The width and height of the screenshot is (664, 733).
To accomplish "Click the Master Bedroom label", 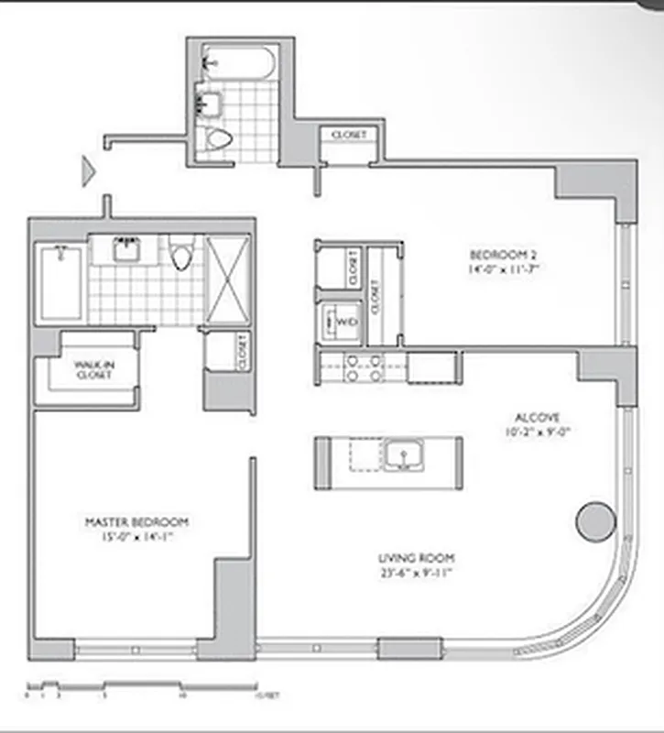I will (x=136, y=521).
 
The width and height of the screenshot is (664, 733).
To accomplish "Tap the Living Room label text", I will (x=417, y=558).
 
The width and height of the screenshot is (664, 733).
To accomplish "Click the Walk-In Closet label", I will (x=93, y=369).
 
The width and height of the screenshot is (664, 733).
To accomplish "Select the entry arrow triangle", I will (x=89, y=170).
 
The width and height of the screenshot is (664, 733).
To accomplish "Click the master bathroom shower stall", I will (x=227, y=279).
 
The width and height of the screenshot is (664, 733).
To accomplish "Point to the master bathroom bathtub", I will (x=61, y=282).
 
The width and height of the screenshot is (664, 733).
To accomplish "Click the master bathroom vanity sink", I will (x=124, y=248).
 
